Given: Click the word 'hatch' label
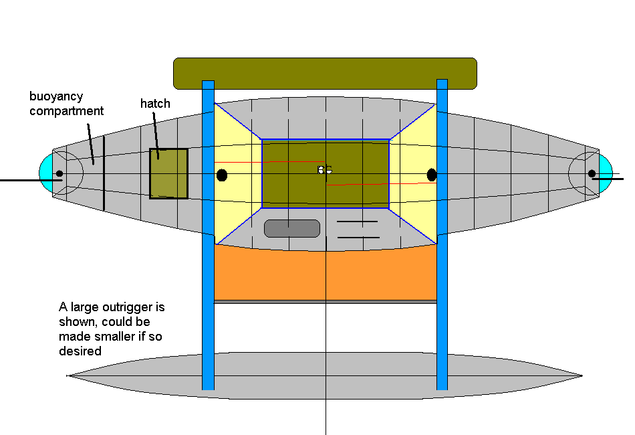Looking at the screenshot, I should [155, 104].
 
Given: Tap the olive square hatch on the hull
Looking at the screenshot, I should [168, 174].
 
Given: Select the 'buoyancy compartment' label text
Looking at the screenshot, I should [66, 104].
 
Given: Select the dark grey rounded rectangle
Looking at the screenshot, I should [292, 228].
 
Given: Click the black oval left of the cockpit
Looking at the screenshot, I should [223, 175].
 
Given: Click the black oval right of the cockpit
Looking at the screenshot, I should [432, 175].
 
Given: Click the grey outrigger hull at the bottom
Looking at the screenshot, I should [325, 376].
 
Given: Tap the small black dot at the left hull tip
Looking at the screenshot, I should [59, 174].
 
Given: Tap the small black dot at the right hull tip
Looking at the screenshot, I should [592, 174].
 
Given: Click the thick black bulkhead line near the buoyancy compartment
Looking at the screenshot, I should [104, 173].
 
